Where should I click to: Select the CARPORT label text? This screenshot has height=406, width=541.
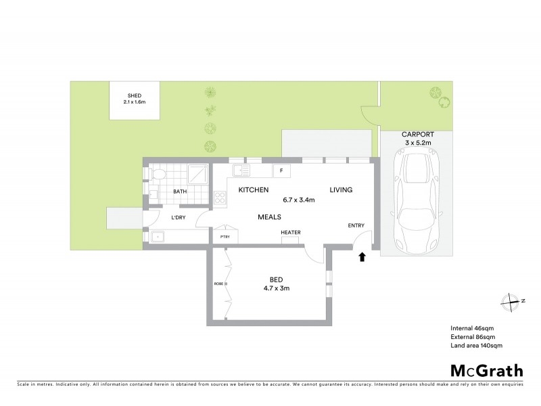point(417,135)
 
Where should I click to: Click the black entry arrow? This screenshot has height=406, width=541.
point(362,256)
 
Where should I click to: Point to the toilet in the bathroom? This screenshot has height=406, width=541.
point(156,176)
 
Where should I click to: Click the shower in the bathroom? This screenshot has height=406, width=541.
point(197,175)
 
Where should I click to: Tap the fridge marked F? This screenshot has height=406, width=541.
point(281,171)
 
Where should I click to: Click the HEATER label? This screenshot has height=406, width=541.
point(291,233)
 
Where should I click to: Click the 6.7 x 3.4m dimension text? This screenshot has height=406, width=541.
point(299,200)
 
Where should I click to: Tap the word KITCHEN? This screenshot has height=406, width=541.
point(254,190)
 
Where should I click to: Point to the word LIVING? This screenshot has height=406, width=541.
point(341,190)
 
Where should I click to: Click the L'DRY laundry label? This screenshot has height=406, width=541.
point(179,217)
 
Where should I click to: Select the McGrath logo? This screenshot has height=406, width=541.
point(487,370)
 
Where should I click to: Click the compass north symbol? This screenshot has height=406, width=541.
point(512,301)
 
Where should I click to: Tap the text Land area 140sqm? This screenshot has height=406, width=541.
point(476,345)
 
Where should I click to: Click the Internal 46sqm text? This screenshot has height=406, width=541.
point(473,328)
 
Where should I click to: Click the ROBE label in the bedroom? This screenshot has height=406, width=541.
point(218,284)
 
